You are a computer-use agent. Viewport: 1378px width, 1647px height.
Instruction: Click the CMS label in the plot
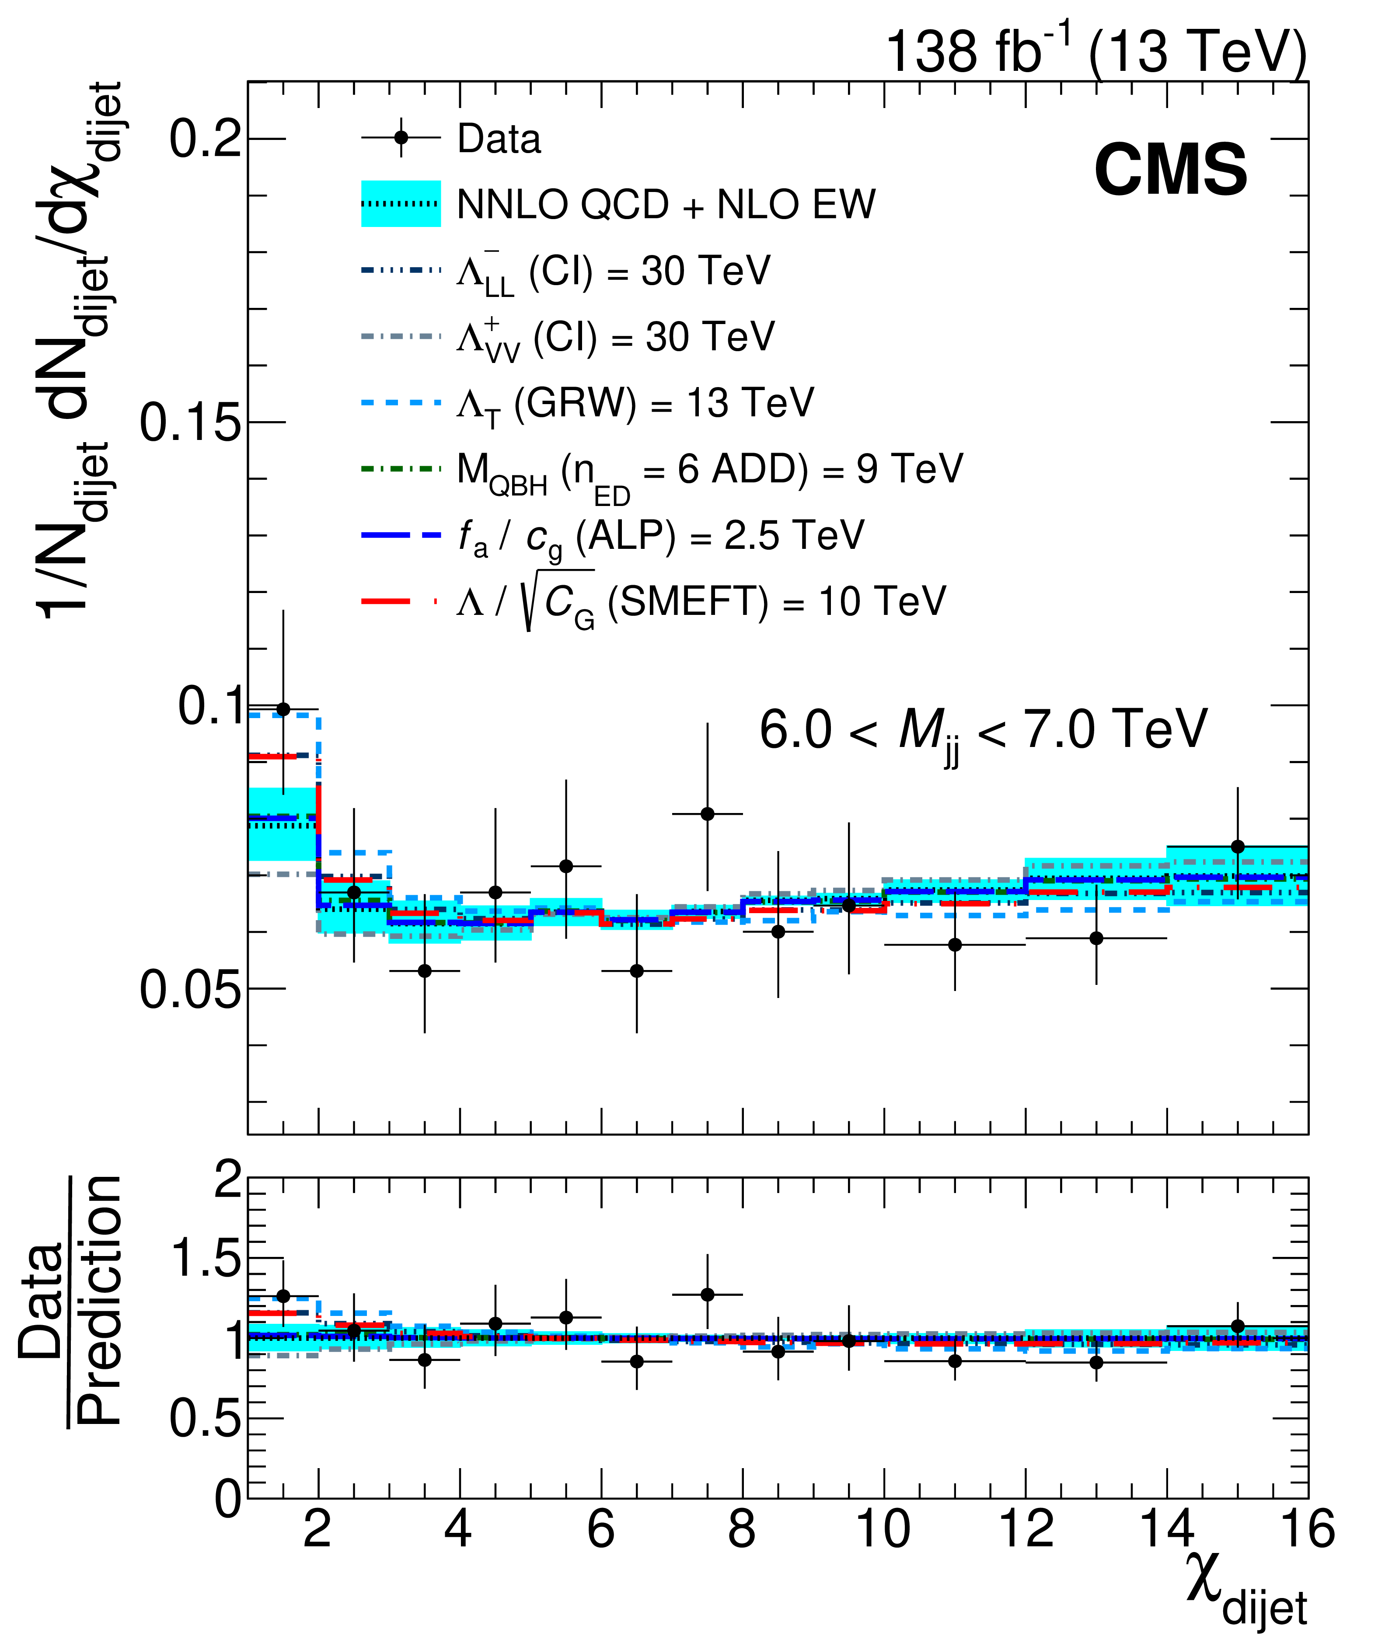click(x=1170, y=171)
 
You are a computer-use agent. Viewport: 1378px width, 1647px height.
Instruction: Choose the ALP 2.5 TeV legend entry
click(x=612, y=537)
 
